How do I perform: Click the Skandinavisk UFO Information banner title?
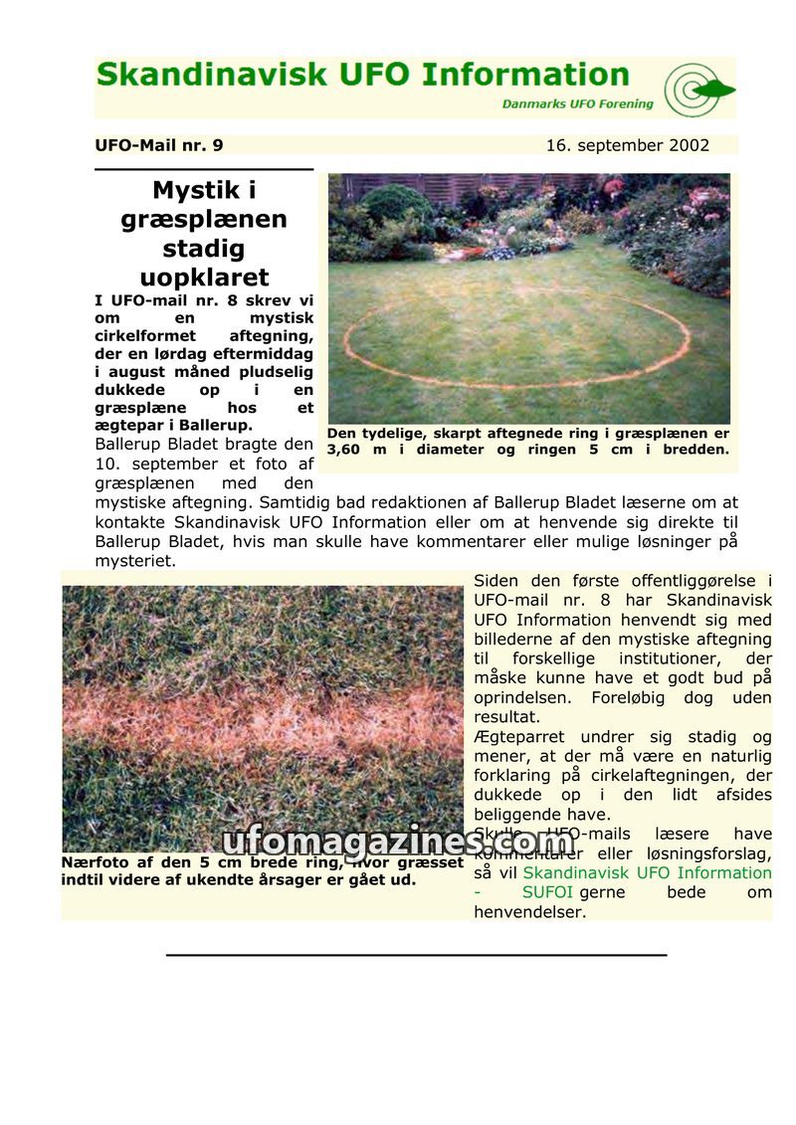click(363, 76)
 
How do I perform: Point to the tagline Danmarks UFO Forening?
click(577, 103)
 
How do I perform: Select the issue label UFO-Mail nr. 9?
click(159, 145)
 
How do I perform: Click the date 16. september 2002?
click(627, 145)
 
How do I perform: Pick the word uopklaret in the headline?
click(204, 278)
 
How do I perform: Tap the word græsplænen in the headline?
click(204, 219)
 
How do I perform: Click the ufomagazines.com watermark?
click(398, 843)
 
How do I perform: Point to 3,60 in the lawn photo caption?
click(346, 450)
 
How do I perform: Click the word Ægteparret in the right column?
click(518, 737)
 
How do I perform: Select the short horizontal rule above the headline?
click(204, 170)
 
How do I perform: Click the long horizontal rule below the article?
click(416, 955)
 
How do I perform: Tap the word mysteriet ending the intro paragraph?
click(135, 561)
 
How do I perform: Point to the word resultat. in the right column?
click(506, 717)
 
